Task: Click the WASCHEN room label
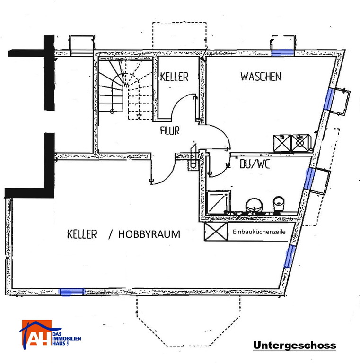point(261,77)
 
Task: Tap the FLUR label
point(170,130)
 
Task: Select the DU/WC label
point(255,164)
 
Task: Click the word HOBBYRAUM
point(149,234)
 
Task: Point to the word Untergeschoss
point(294,345)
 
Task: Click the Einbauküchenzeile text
point(259,232)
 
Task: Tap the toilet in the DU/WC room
point(279,204)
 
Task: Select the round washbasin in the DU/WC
point(254,205)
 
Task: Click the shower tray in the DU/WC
point(218,202)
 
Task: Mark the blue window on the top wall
point(282,53)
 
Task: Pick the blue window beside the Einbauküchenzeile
point(290,257)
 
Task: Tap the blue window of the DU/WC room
point(309,179)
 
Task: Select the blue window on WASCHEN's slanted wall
point(329,99)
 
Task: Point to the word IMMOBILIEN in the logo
point(67,339)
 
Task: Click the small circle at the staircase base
point(112,112)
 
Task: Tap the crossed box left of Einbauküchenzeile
point(216,232)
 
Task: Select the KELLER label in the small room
point(174,77)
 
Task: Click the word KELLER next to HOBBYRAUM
point(82,234)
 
